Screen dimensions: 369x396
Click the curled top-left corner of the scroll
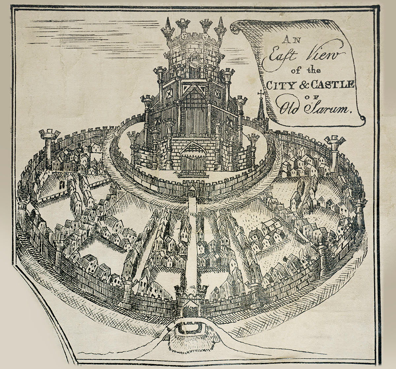[235, 28]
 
